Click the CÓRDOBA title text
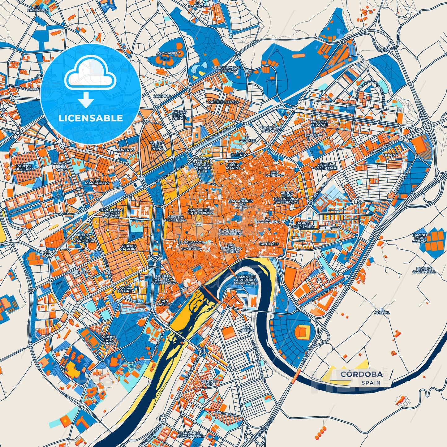(362, 374)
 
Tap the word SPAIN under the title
(371, 383)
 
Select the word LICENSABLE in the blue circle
(91, 118)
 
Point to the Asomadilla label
(169, 53)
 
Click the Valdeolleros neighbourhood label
(223, 102)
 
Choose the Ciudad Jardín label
(128, 247)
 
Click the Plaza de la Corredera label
(231, 232)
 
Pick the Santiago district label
(269, 244)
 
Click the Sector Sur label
(209, 383)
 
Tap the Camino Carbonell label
(424, 270)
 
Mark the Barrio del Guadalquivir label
(191, 434)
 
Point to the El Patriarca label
(38, 8)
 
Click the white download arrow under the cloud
(86, 101)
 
